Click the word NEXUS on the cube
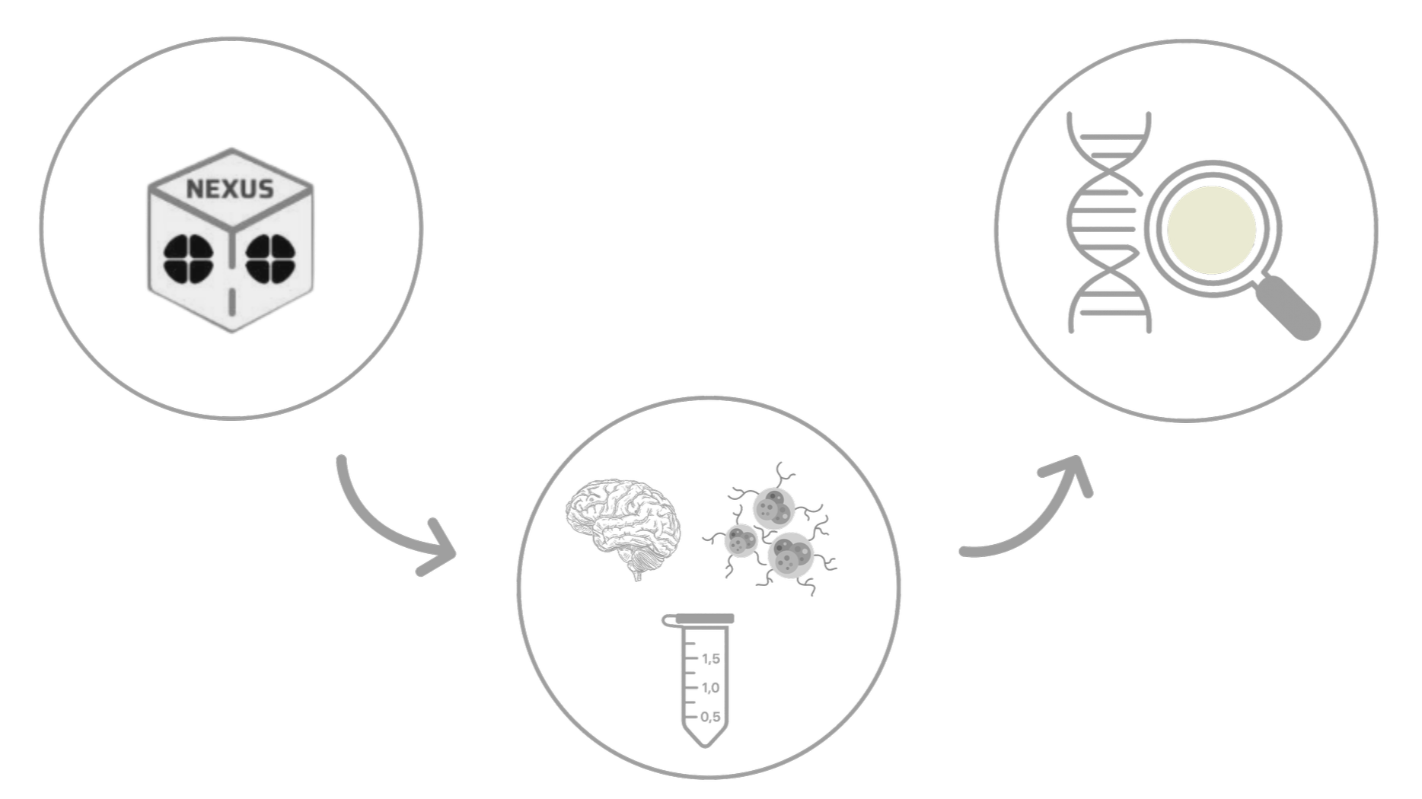click(230, 188)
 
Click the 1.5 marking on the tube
click(710, 658)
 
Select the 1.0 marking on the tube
click(710, 687)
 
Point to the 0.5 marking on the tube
click(710, 716)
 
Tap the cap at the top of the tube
click(700, 619)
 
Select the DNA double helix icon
click(1108, 224)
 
